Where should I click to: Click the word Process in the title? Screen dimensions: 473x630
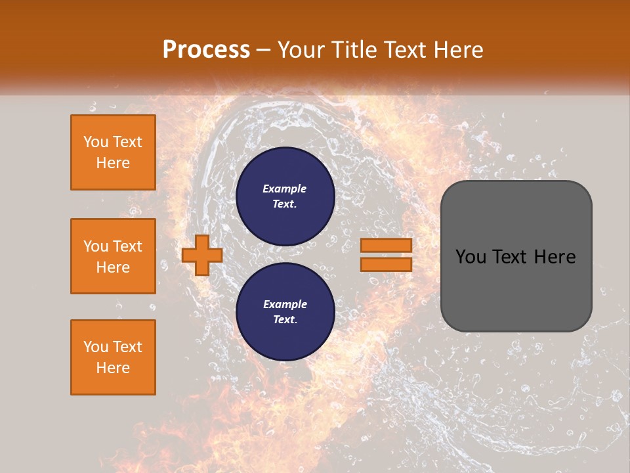point(206,50)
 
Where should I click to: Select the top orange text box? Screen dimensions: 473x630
point(113,152)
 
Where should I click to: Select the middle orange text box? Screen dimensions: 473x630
point(113,256)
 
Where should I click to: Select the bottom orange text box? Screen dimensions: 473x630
point(113,357)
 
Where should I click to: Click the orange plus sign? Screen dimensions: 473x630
point(202,255)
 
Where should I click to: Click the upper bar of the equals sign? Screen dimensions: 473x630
point(386,246)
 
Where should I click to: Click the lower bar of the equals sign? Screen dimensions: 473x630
point(386,265)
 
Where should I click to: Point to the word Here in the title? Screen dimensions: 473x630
point(459,50)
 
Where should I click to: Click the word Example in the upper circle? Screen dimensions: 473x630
point(284,189)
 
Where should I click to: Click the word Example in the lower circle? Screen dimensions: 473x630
point(284,304)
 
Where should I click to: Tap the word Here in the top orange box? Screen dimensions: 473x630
point(113,163)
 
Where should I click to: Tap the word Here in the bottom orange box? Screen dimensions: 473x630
point(113,368)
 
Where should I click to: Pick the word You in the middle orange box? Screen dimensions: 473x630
point(94,246)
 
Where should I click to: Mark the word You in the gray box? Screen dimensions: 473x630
point(471,257)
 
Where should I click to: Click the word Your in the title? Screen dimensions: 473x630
point(302,50)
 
